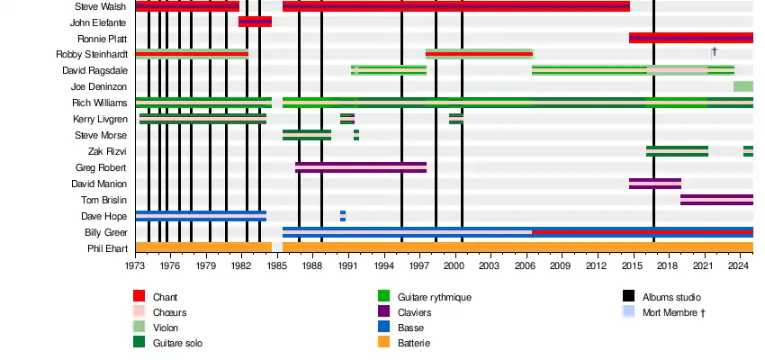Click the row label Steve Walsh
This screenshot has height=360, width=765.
tap(101, 6)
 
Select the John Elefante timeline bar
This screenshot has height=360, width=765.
tap(255, 22)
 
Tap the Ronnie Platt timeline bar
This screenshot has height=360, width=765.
tap(690, 38)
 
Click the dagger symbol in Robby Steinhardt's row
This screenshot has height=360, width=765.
tap(714, 52)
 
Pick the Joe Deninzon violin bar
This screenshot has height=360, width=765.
tap(742, 86)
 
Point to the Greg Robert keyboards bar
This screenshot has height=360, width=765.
tap(360, 167)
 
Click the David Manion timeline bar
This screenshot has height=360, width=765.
tap(654, 184)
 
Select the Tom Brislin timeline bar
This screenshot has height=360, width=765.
tap(716, 200)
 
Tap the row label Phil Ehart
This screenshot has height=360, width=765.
tap(107, 248)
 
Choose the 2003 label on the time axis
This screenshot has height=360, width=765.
tap(489, 266)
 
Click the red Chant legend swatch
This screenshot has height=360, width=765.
tap(139, 296)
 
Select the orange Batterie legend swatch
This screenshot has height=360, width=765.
tap(382, 343)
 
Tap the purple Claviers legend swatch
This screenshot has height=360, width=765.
tap(382, 311)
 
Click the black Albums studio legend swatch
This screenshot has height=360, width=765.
tap(628, 296)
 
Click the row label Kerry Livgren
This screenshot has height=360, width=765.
tap(100, 119)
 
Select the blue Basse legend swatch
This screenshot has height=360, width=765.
tap(382, 328)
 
